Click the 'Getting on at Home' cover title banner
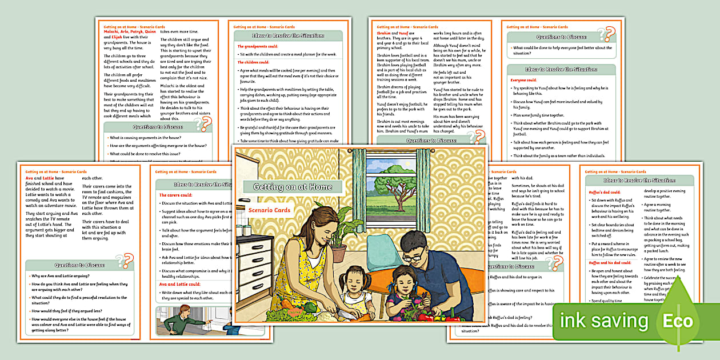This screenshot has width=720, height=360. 293,187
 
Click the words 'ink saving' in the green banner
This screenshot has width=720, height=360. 603,321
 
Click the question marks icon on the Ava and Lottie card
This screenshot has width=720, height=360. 124,261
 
